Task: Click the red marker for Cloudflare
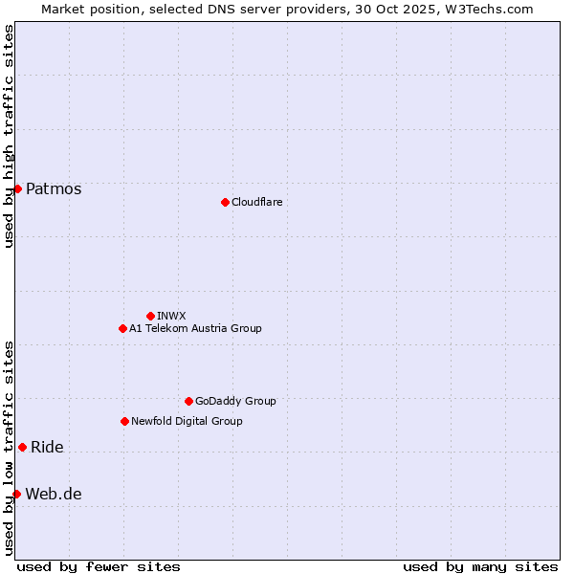(x=225, y=202)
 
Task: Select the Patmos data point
(x=17, y=188)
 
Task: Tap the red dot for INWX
(x=150, y=316)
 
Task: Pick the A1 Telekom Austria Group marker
(x=122, y=328)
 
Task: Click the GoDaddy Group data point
(x=188, y=401)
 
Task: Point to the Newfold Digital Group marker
(x=124, y=421)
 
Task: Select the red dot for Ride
(x=22, y=447)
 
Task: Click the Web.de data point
(x=16, y=494)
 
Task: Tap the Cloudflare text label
(x=256, y=202)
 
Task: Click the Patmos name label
(x=54, y=188)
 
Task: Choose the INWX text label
(x=171, y=316)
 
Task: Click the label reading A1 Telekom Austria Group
(x=195, y=328)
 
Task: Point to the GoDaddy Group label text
(x=235, y=401)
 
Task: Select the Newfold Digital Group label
(x=187, y=421)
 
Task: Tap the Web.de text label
(x=54, y=494)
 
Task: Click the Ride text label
(x=47, y=447)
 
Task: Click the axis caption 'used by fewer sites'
(x=99, y=566)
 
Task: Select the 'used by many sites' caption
(x=480, y=566)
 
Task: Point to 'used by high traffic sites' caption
(x=9, y=136)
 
